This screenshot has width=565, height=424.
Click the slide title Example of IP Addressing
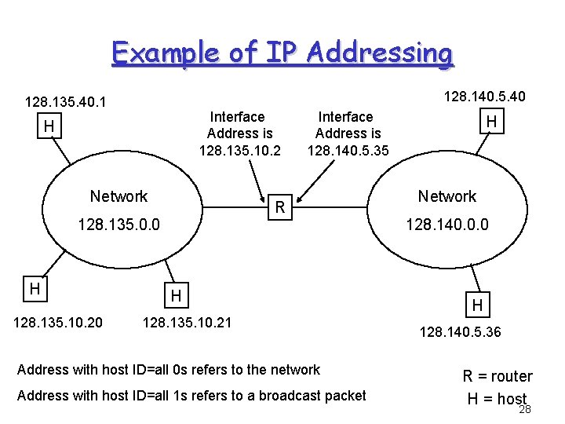tap(282, 53)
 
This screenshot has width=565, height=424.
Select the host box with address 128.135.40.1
tap(49, 126)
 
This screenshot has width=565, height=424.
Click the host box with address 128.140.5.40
tap(492, 122)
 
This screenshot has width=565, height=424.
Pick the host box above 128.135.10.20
tap(34, 289)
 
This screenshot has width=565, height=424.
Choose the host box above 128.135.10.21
tap(177, 296)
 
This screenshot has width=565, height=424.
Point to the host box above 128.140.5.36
tap(477, 304)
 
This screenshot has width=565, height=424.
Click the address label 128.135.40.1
tap(66, 102)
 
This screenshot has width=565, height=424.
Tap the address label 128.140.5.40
tap(484, 97)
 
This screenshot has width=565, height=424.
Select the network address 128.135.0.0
tap(118, 225)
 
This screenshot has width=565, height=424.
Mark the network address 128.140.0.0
tap(447, 225)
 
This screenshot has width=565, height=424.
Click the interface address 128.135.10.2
tap(239, 150)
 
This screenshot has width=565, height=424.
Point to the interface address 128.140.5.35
tap(348, 150)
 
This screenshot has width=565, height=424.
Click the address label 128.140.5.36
tap(460, 333)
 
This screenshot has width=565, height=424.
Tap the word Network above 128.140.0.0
tap(447, 196)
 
